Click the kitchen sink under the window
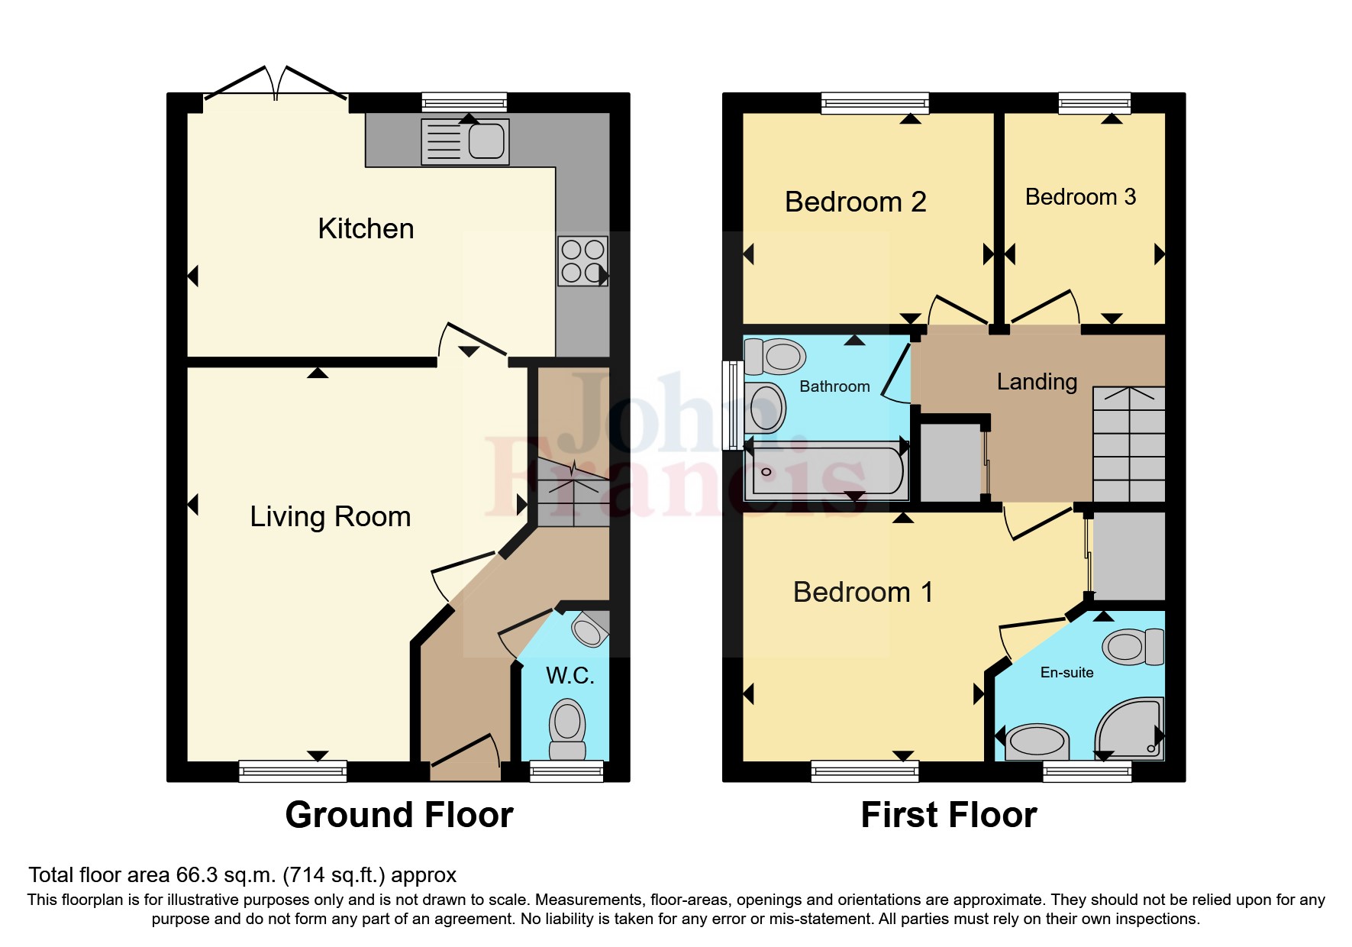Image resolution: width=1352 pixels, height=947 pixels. [x=465, y=142]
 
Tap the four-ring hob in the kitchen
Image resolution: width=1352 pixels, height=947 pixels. [x=582, y=261]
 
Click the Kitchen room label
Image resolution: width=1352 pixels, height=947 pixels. [x=366, y=229]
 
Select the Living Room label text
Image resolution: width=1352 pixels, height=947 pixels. [x=330, y=517]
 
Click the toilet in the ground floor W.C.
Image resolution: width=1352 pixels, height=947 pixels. [x=567, y=729]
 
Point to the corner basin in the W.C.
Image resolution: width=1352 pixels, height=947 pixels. [x=589, y=630]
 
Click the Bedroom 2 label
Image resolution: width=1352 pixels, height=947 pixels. [x=855, y=202]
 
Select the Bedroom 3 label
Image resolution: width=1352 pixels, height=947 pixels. [x=1080, y=197]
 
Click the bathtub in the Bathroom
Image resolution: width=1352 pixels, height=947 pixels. [x=824, y=471]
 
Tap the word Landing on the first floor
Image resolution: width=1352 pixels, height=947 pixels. [x=1037, y=382]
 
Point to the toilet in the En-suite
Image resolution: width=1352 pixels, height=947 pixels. [x=1133, y=647]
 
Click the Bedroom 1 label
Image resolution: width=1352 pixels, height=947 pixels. [x=863, y=593]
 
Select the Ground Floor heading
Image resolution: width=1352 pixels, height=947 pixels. [x=399, y=815]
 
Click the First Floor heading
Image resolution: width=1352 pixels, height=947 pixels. [x=948, y=815]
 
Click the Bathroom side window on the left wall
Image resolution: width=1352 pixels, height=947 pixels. [x=732, y=405]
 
